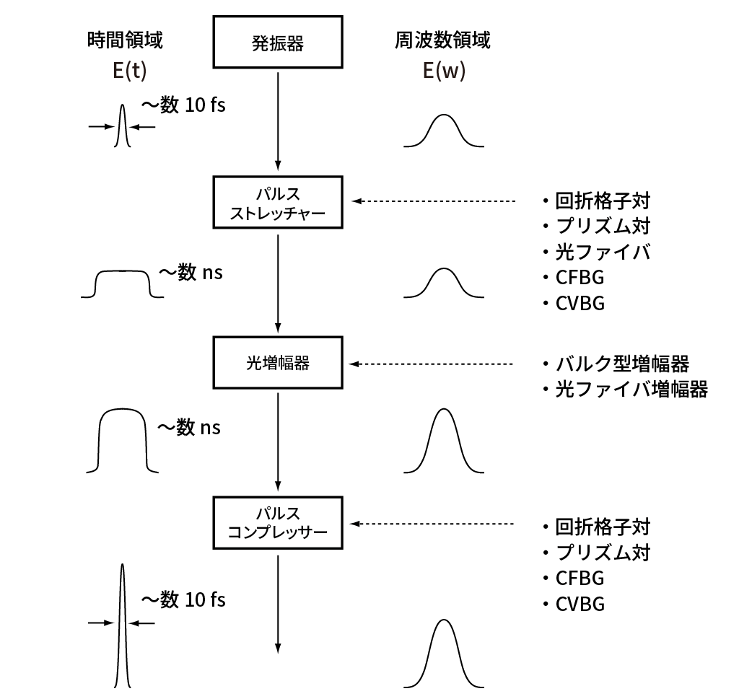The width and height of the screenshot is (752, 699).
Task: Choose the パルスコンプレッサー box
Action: (x=278, y=524)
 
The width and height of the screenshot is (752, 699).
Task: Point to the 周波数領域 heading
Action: (x=442, y=40)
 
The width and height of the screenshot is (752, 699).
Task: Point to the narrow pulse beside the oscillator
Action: (x=122, y=126)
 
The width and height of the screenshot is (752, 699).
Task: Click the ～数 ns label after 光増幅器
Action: (x=189, y=427)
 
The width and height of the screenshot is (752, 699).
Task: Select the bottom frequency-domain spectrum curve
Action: (x=443, y=653)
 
